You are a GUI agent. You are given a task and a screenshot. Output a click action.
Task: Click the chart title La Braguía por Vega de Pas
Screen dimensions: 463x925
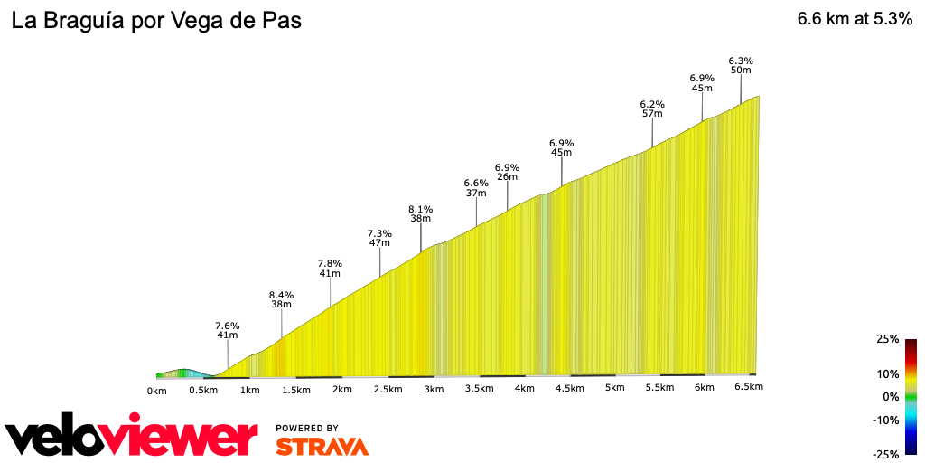pos(156,21)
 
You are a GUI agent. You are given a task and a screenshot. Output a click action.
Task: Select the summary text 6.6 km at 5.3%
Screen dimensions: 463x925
pos(855,20)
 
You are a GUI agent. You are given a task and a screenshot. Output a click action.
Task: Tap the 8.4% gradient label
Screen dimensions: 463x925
pos(281,295)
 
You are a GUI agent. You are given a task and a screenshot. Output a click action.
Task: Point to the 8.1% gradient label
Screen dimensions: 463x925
pos(420,209)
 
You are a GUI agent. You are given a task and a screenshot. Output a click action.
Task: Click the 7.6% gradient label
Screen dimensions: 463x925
pos(227,326)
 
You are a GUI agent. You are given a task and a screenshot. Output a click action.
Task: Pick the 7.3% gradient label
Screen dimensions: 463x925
pos(379,233)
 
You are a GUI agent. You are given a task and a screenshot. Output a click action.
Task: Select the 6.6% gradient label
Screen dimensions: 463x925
pos(476,183)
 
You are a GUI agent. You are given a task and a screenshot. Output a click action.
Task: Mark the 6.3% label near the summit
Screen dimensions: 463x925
pos(741,61)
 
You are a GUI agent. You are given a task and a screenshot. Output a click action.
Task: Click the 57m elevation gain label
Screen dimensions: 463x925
pos(652,114)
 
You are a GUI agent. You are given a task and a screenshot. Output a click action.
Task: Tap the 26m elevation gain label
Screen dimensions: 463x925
pos(507,177)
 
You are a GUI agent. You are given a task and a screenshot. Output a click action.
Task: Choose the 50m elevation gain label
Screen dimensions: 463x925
pos(741,71)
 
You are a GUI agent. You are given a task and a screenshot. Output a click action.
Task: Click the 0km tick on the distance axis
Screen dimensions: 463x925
pos(157,390)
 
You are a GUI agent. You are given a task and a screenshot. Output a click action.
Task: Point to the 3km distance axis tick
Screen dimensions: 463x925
pos(434,389)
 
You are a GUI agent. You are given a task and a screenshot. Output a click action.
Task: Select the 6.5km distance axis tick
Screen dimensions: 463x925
pos(749,387)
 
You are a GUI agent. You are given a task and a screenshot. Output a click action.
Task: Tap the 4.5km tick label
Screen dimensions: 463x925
pos(569,388)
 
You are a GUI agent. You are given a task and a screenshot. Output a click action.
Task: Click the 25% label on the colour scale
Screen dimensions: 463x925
pos(888,339)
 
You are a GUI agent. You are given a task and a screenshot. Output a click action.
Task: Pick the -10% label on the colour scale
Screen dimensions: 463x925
pos(886,420)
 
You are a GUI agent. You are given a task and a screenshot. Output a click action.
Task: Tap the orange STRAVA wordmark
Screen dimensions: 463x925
pos(322,446)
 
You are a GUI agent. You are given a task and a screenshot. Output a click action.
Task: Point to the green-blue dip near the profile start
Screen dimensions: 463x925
pos(185,373)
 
